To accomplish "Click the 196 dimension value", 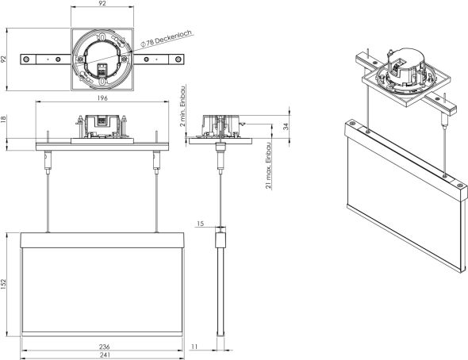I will coord(102,99).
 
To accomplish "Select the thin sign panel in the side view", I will coord(221,285).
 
